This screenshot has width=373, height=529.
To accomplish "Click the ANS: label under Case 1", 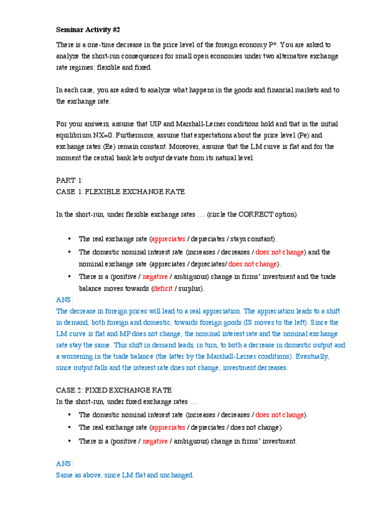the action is pyautogui.click(x=64, y=299).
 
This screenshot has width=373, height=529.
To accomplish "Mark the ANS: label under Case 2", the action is pyautogui.click(x=64, y=463).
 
